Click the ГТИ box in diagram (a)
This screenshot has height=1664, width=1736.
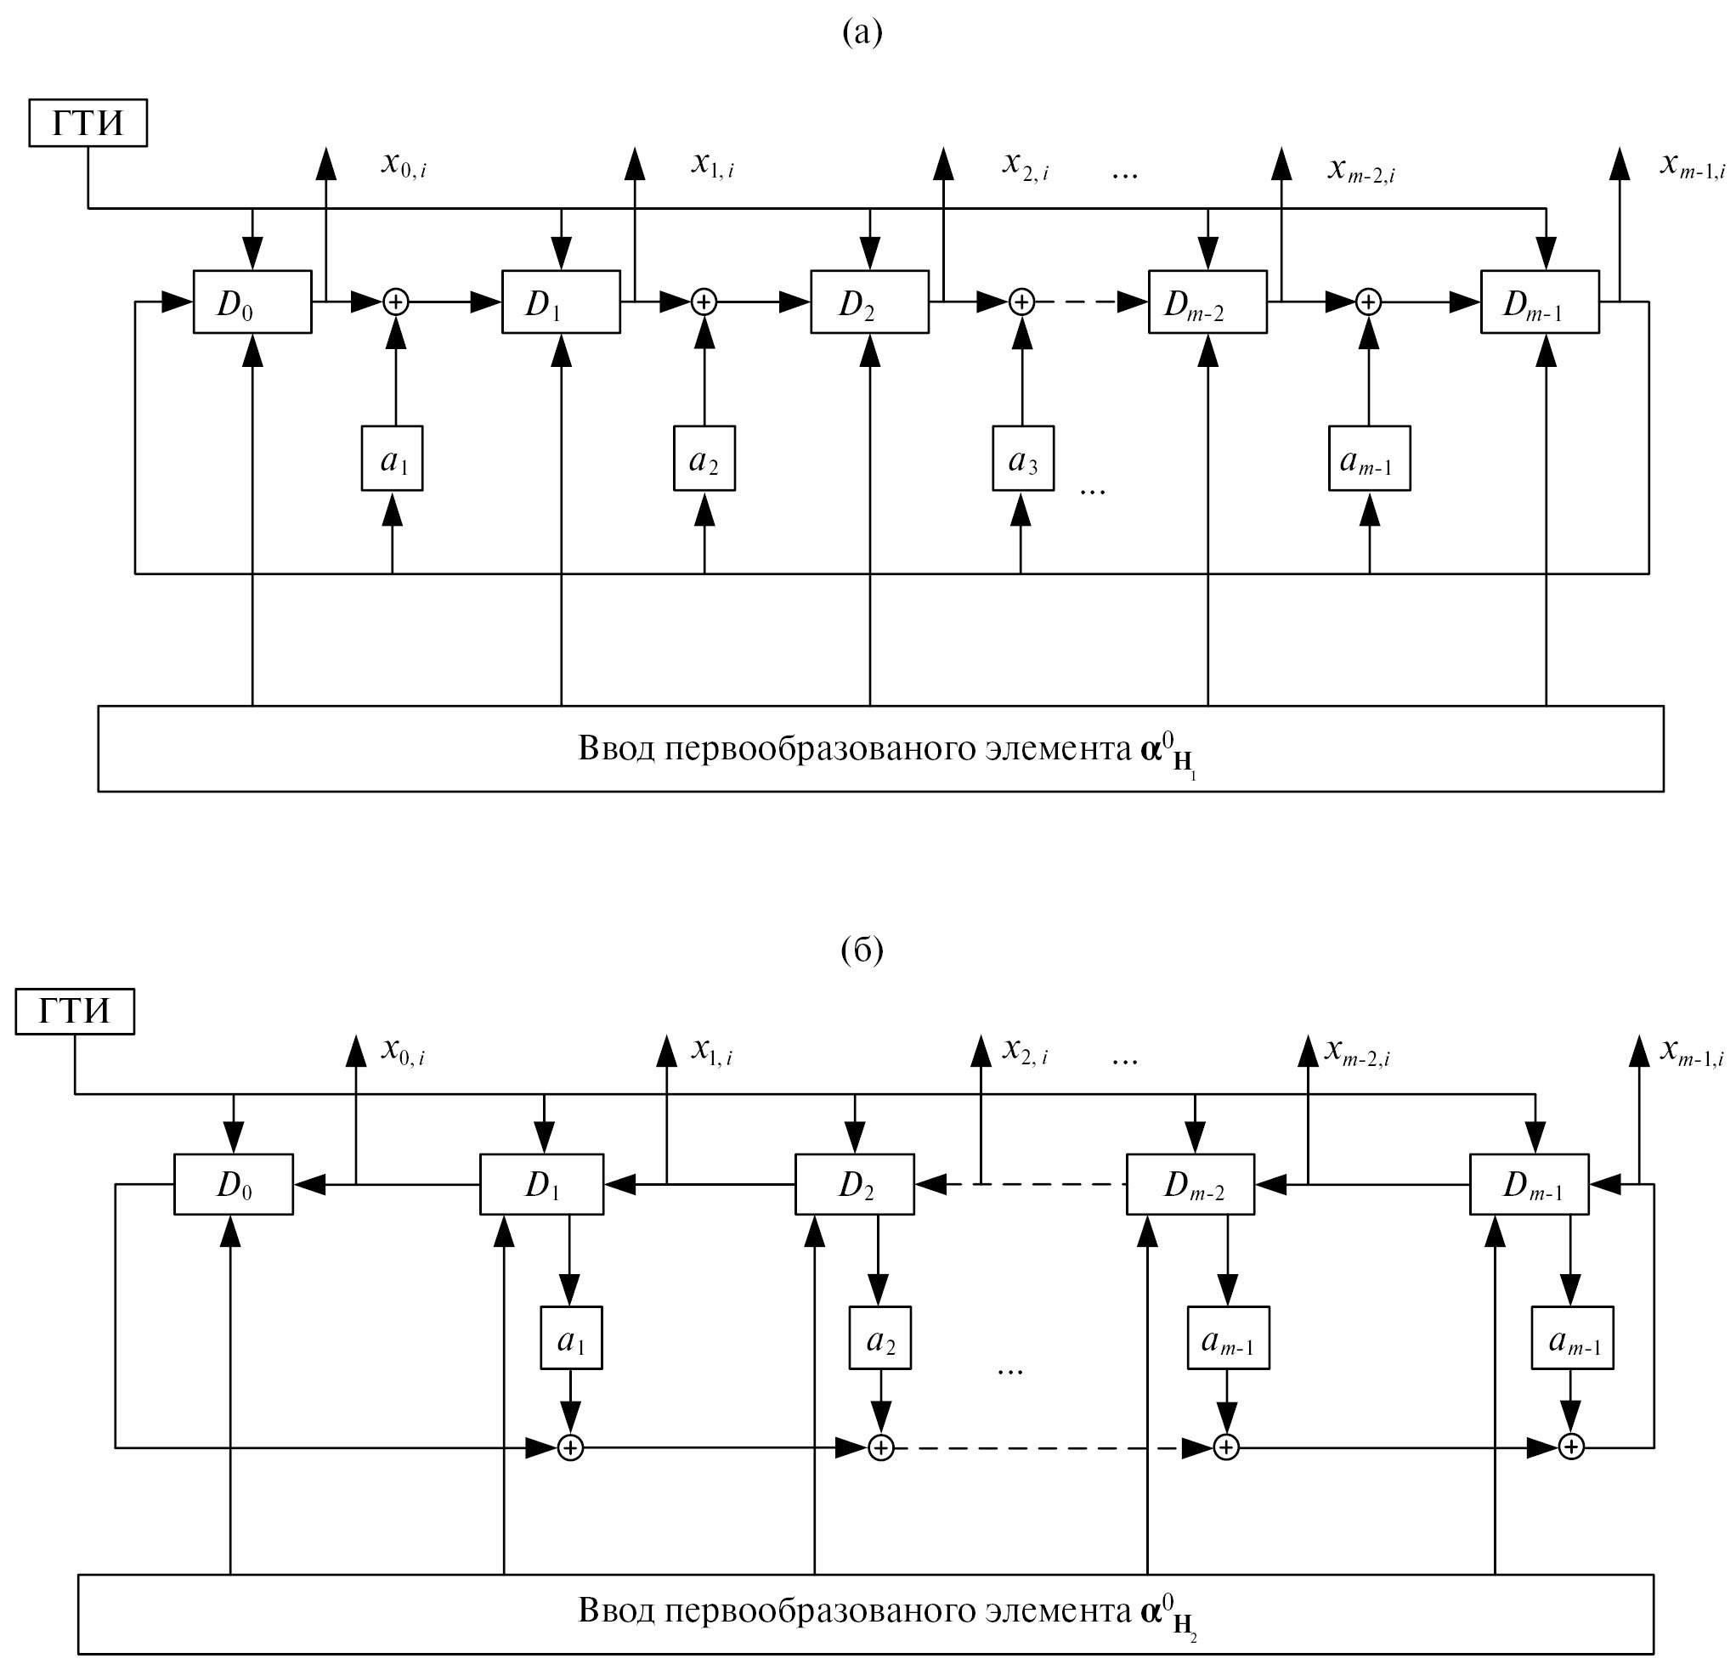click(88, 123)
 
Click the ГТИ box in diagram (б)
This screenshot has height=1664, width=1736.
click(75, 1011)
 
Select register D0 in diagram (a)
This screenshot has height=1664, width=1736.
click(252, 302)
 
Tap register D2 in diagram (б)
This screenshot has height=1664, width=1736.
click(854, 1184)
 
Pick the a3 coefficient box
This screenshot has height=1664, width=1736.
click(1022, 459)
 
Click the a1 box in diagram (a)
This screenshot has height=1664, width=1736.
click(393, 459)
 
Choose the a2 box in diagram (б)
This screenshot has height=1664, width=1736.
click(879, 1338)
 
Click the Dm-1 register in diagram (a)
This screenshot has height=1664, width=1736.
click(1540, 302)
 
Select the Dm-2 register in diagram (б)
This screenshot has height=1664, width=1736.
click(1190, 1184)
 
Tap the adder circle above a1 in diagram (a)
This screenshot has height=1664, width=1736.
click(395, 302)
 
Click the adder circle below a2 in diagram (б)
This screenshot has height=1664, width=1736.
click(880, 1447)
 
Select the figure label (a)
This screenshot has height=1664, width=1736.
click(862, 33)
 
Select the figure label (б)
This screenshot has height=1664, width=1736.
click(862, 950)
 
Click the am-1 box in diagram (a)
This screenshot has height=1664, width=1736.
click(1369, 459)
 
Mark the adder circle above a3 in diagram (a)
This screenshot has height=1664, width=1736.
click(1022, 302)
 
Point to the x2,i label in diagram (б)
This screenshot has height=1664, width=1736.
click(1025, 1052)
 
